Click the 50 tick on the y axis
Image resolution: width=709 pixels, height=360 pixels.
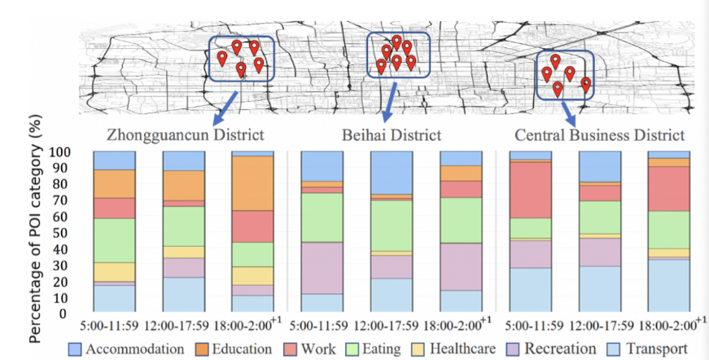[x=73, y=233]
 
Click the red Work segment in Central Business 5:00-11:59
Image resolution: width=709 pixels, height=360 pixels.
[x=530, y=189]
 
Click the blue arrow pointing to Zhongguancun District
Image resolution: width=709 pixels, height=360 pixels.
[x=225, y=104]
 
